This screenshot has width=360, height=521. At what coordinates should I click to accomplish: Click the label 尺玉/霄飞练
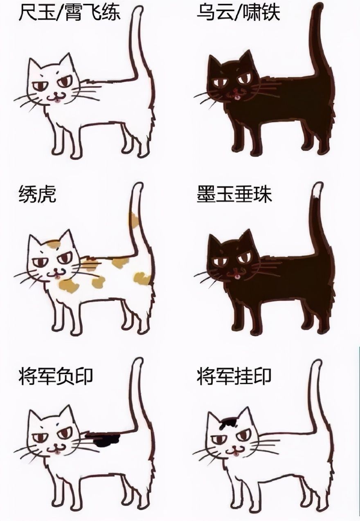coord(69,13)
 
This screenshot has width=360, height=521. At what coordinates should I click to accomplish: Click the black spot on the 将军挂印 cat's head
coord(229,422)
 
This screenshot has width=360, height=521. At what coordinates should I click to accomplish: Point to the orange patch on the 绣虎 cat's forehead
coord(54,245)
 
